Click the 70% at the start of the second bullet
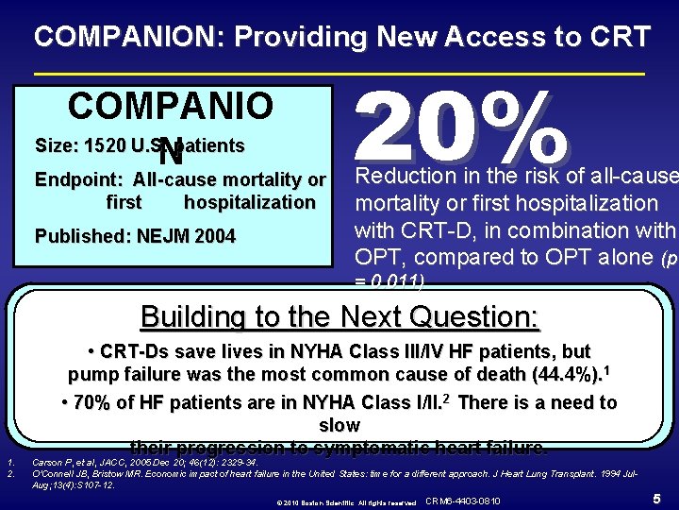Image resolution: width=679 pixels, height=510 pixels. (x=91, y=402)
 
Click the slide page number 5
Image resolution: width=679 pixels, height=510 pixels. (x=654, y=498)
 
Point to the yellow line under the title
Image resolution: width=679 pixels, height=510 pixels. (x=339, y=74)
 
